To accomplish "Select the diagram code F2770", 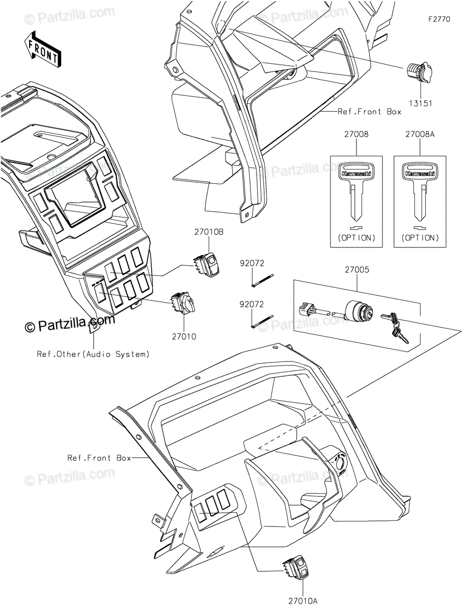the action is (x=439, y=19).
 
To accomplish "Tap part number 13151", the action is (x=421, y=103).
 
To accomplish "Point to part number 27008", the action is (x=356, y=134).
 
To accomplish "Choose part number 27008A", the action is (x=420, y=134).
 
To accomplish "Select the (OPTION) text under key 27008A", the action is (x=420, y=238).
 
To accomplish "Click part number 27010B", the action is (x=209, y=232).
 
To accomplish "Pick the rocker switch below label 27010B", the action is (x=206, y=264).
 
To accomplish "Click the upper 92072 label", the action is (x=252, y=263).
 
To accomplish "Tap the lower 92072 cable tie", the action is (x=262, y=321).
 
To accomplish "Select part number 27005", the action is (x=357, y=270).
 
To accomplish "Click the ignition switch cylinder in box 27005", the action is (x=358, y=310).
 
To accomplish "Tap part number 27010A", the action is (x=302, y=599).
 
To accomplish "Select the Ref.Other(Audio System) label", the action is (x=93, y=354).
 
